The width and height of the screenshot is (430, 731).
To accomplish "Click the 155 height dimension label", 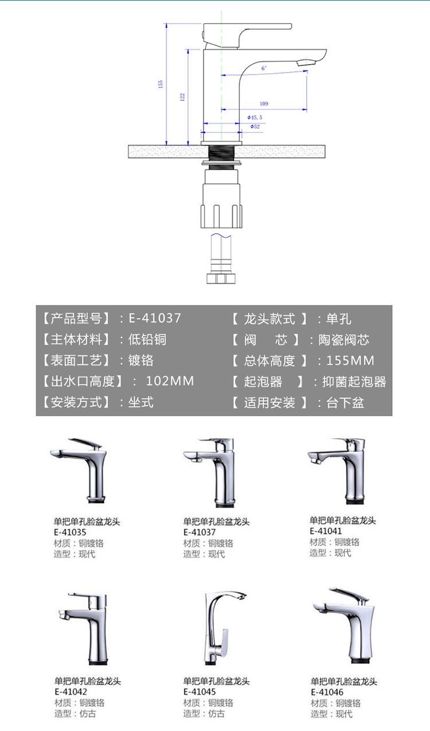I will click(161, 84).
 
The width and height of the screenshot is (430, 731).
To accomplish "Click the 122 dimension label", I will click(182, 97).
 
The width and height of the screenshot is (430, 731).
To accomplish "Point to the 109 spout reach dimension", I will click(264, 104).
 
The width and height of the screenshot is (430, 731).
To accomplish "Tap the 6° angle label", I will click(264, 68).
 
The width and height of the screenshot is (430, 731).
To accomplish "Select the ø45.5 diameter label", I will click(255, 117).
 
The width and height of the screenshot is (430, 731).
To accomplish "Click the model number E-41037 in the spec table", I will click(155, 319).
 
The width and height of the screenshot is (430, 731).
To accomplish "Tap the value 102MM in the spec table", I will click(170, 381).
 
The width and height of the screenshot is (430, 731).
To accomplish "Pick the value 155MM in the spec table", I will click(350, 360).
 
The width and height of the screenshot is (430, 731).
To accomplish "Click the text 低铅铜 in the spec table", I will click(147, 339).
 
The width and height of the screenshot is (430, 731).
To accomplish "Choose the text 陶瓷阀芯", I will click(344, 340).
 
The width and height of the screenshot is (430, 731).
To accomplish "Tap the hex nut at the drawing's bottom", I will click(221, 278).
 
